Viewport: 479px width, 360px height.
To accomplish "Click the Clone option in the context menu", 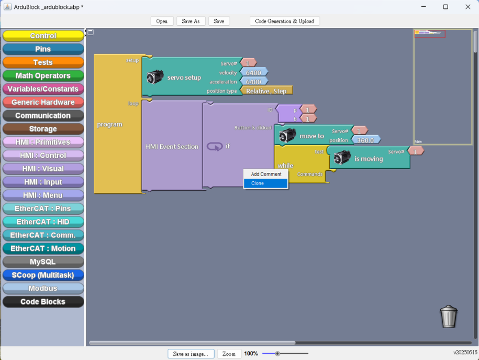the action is (265, 183).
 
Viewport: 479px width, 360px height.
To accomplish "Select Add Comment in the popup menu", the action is (265, 174).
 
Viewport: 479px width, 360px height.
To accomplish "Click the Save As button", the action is (191, 21).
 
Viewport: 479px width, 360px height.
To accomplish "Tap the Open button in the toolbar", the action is (162, 21).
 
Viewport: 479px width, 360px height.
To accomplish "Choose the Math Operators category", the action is (43, 75).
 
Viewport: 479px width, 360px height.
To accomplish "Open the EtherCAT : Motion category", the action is (43, 248).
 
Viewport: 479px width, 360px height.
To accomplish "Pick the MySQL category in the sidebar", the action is (43, 262).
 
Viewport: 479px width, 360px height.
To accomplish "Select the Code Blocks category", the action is (43, 302).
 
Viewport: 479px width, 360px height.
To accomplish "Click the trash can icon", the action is (449, 317).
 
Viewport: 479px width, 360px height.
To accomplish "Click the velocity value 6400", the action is (254, 72).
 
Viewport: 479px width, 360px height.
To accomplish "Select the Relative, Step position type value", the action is (266, 91).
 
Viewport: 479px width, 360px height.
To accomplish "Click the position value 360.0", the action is (366, 140).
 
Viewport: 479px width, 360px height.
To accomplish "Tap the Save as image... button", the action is (191, 354).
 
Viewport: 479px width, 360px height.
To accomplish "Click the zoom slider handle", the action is (277, 354).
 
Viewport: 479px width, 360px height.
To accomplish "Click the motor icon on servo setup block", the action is (155, 77).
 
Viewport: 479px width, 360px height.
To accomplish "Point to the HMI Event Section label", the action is (172, 147).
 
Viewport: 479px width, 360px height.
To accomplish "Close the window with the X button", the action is (467, 7).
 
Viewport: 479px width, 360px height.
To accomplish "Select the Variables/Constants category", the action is (43, 89).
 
